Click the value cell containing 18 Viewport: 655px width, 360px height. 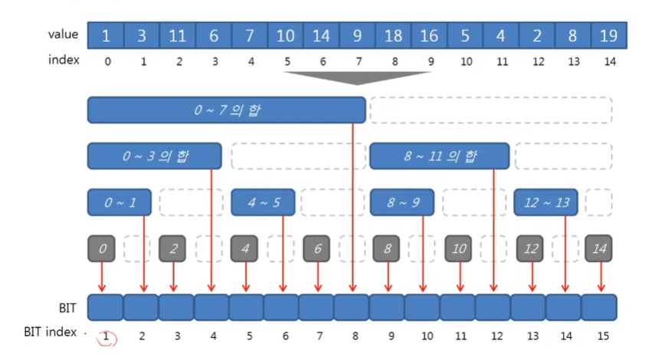tap(393, 35)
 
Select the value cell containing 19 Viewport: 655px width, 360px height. tap(609, 35)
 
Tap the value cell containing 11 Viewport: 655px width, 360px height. tap(178, 35)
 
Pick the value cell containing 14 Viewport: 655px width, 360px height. tap(322, 35)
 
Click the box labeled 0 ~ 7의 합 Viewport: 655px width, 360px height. tap(226, 110)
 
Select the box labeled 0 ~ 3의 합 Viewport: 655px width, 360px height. tap(155, 156)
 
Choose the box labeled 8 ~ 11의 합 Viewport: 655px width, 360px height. tap(439, 156)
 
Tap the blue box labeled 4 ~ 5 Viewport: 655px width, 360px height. tap(263, 203)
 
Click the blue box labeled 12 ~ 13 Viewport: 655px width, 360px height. tap(546, 203)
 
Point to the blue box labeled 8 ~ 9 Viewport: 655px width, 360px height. tap(401, 203)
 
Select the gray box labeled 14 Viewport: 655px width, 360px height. tap(598, 248)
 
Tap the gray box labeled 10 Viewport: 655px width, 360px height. tap(458, 248)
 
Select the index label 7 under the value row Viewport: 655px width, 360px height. tap(357, 61)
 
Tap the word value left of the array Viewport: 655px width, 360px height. tap(63, 34)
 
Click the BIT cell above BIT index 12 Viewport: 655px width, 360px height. tap(493, 307)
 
